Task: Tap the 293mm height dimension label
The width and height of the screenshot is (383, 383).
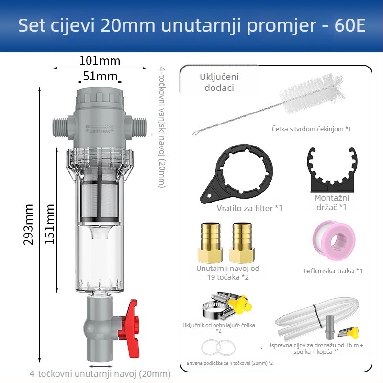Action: coord(29,224)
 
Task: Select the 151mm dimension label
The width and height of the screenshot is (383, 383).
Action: coord(50,224)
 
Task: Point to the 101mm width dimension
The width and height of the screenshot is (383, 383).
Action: coord(100,61)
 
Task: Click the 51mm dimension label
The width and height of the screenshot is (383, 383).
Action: coord(100,76)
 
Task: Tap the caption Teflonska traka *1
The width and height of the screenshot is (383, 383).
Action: coord(333,271)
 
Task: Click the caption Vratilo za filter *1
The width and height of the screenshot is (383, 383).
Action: coord(249,208)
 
